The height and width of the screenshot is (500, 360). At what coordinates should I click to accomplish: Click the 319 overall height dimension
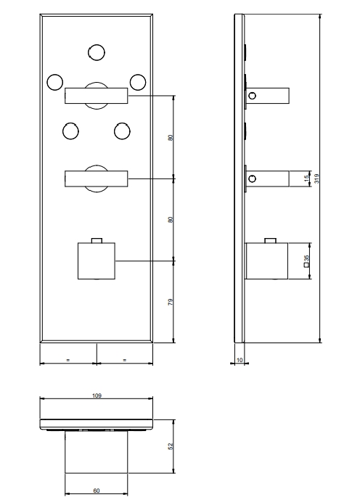[x=316, y=179]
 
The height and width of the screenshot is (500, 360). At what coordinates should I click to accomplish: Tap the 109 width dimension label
[x=97, y=396]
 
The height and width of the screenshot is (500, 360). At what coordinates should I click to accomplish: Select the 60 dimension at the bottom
[x=97, y=491]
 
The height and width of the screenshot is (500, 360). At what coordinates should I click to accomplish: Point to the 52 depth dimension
[x=171, y=446]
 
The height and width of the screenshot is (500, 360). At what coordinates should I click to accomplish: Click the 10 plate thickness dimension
[x=240, y=360]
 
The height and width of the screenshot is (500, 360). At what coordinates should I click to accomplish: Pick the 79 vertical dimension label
[x=171, y=302]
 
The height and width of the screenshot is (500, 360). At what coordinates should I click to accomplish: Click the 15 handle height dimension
[x=306, y=179]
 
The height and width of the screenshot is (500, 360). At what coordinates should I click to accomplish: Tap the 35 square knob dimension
[x=306, y=261]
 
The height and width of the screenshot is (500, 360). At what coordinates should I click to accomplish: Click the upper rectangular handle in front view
[x=97, y=96]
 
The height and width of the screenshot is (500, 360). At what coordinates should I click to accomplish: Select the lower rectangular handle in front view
[x=97, y=179]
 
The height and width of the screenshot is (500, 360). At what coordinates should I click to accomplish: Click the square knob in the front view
[x=97, y=261]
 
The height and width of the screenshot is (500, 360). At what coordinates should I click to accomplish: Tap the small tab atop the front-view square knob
[x=97, y=240]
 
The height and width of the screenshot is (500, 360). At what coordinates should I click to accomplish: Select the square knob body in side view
[x=267, y=261]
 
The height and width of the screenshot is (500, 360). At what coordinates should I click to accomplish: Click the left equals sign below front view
[x=67, y=360]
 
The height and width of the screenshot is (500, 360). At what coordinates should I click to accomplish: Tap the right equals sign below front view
[x=125, y=360]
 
